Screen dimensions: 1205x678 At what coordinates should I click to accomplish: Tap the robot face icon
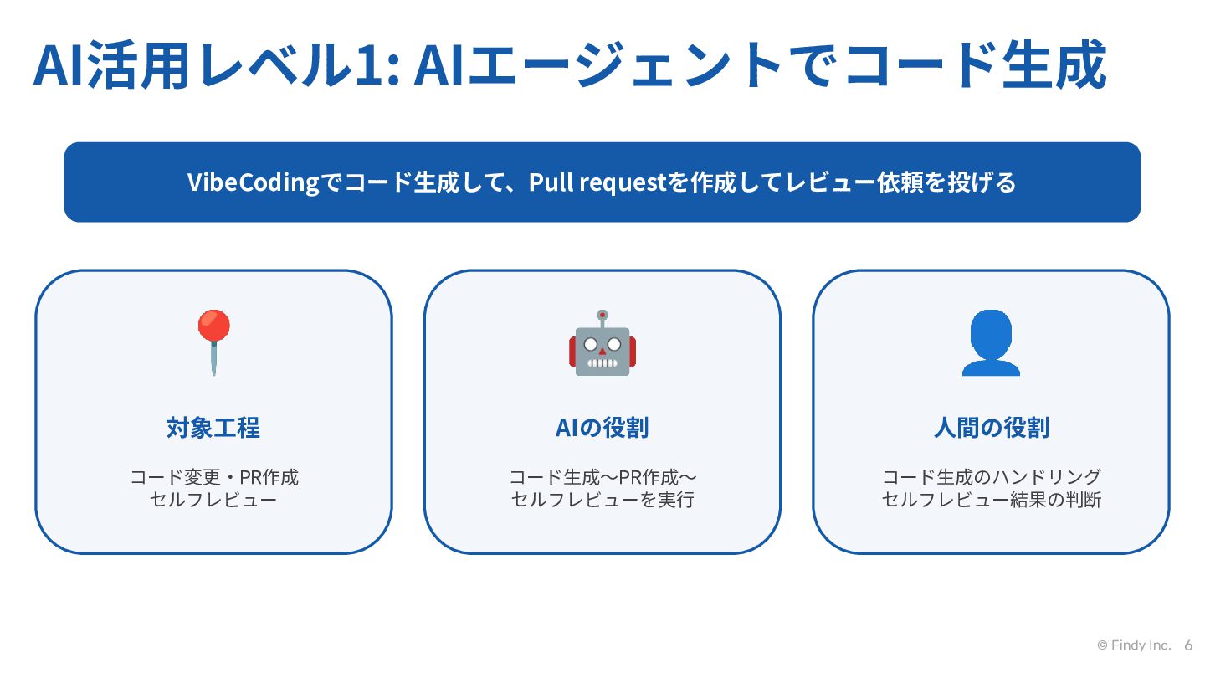pos(602,343)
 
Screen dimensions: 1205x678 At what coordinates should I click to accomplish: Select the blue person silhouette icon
pos(991,343)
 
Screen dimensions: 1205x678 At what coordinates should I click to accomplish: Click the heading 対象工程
pos(213,428)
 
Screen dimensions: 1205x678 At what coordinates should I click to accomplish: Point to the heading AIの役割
pos(602,428)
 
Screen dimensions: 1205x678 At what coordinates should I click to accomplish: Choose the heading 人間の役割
pos(992,428)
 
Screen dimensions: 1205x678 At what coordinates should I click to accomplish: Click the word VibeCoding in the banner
pos(253,182)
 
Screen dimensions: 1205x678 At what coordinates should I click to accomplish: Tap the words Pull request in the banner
pos(597,182)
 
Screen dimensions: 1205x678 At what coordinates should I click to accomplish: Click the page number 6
pos(1188,645)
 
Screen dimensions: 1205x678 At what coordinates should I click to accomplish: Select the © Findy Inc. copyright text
pos(1134,645)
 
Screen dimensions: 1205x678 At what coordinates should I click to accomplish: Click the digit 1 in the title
pos(369,65)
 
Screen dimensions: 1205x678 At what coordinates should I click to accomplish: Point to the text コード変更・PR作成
pos(214,477)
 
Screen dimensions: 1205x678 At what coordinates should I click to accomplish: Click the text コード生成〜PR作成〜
pos(602,477)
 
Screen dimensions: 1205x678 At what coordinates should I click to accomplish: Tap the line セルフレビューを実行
pos(602,500)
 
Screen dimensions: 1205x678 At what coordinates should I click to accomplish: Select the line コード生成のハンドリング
pos(992,477)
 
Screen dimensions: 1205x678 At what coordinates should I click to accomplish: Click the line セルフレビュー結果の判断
pos(992,500)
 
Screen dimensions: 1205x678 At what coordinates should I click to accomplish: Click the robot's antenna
pos(602,319)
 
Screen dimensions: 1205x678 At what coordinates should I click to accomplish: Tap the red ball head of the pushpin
pos(213,326)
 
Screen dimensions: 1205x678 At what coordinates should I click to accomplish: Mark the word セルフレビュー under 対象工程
pos(213,500)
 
